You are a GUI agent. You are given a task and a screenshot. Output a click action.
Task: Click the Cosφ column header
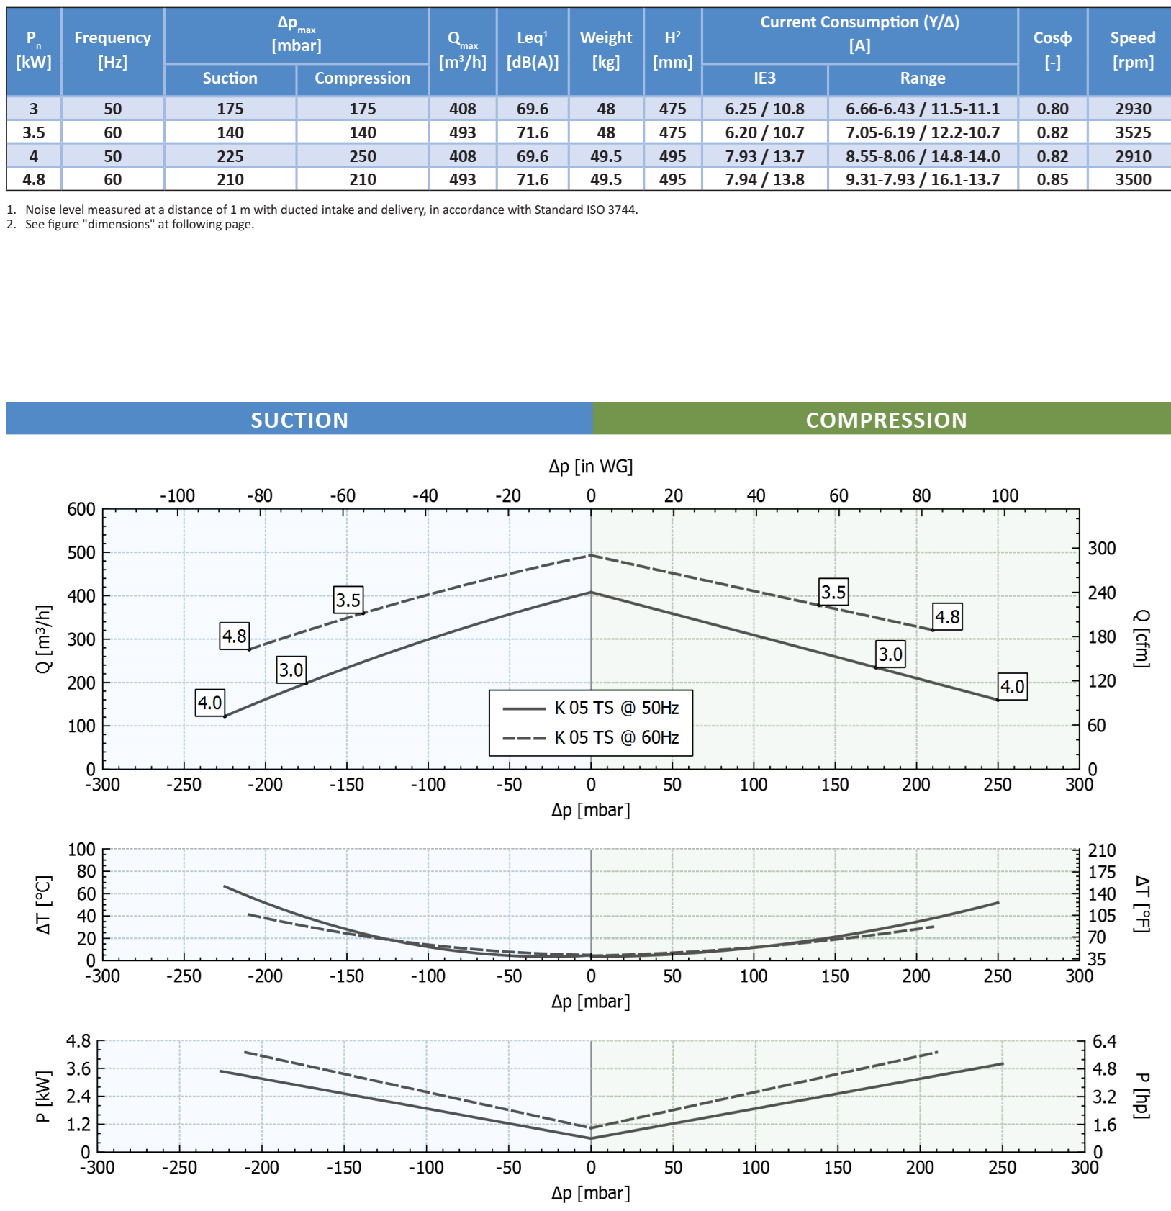[x=1052, y=50]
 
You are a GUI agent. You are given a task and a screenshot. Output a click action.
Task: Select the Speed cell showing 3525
[x=1133, y=132]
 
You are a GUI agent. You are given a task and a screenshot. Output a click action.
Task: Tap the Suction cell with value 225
[x=230, y=156]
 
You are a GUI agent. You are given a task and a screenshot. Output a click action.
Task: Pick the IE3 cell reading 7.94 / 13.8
[x=764, y=179]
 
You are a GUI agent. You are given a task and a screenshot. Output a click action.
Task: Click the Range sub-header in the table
[x=922, y=78]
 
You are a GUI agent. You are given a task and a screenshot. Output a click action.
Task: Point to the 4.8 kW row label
[x=34, y=179]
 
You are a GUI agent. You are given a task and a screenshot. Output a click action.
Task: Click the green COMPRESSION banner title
[x=886, y=420]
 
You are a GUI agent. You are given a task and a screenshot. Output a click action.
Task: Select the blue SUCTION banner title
[x=299, y=420]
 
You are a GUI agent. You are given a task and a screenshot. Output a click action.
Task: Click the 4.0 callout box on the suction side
[x=210, y=703]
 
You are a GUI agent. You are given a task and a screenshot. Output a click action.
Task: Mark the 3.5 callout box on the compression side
[x=833, y=592]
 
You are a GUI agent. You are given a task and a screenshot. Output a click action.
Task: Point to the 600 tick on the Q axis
[x=81, y=509]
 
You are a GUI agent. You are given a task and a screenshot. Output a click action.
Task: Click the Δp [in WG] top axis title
[x=590, y=467]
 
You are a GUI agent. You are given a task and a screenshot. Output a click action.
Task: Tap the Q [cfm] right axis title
[x=1141, y=638]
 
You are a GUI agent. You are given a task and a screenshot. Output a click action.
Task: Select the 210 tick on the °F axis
[x=1101, y=850]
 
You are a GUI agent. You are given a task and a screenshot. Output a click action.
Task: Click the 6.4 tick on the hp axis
[x=1104, y=1041]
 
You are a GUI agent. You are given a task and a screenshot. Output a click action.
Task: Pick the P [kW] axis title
[x=43, y=1096]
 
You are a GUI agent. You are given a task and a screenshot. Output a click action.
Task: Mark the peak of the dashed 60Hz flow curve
[x=591, y=555]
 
